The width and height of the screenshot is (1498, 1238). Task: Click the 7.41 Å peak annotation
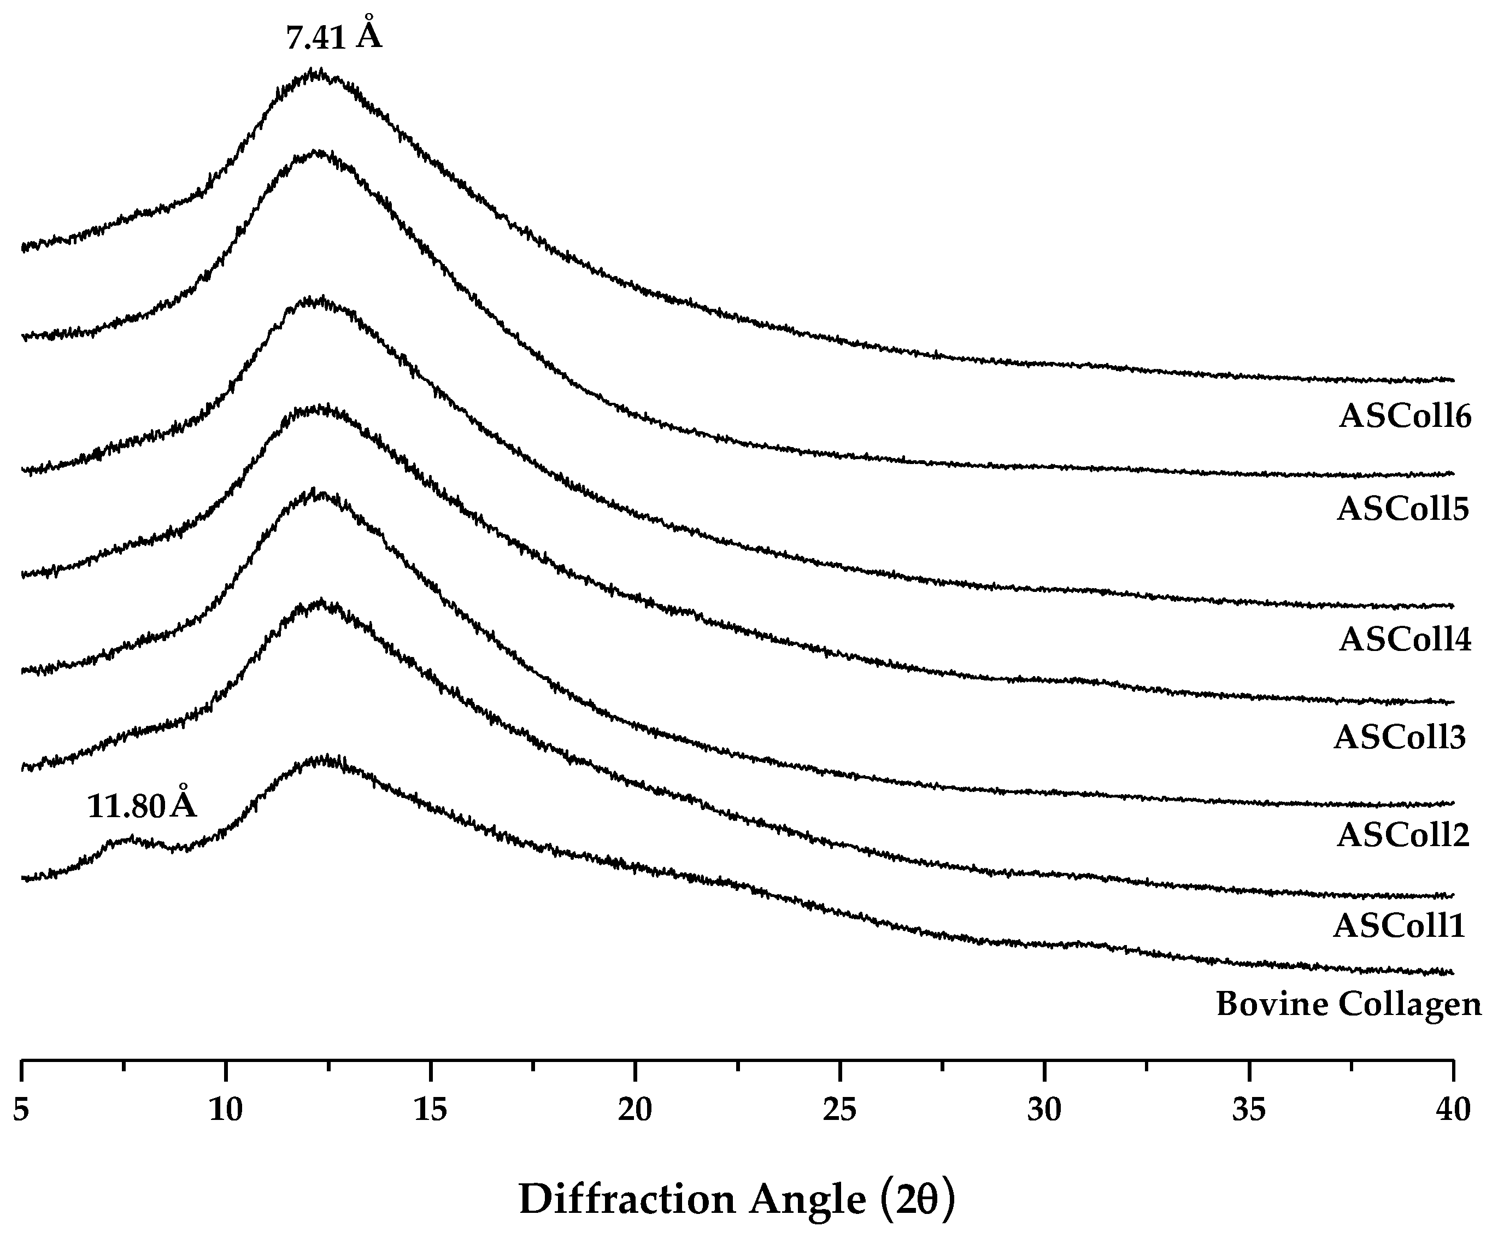334,36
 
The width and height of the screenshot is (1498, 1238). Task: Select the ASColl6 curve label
1404,416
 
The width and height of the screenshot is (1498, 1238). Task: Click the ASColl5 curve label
1402,509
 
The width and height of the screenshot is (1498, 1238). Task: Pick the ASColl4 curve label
1404,639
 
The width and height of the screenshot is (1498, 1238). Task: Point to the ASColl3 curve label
1399,737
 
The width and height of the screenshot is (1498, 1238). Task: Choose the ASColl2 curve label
1402,835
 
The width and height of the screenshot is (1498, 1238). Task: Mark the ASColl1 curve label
1399,926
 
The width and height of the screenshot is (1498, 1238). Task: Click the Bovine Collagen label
1348,1005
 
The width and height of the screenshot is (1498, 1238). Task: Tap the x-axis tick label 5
21,1110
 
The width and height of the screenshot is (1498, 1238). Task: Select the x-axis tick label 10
225,1110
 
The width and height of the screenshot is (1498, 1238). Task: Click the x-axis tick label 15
430,1110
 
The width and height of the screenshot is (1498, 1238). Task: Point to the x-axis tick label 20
635,1110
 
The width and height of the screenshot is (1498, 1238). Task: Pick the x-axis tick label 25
839,1110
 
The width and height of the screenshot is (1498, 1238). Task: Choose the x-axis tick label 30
1044,1110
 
